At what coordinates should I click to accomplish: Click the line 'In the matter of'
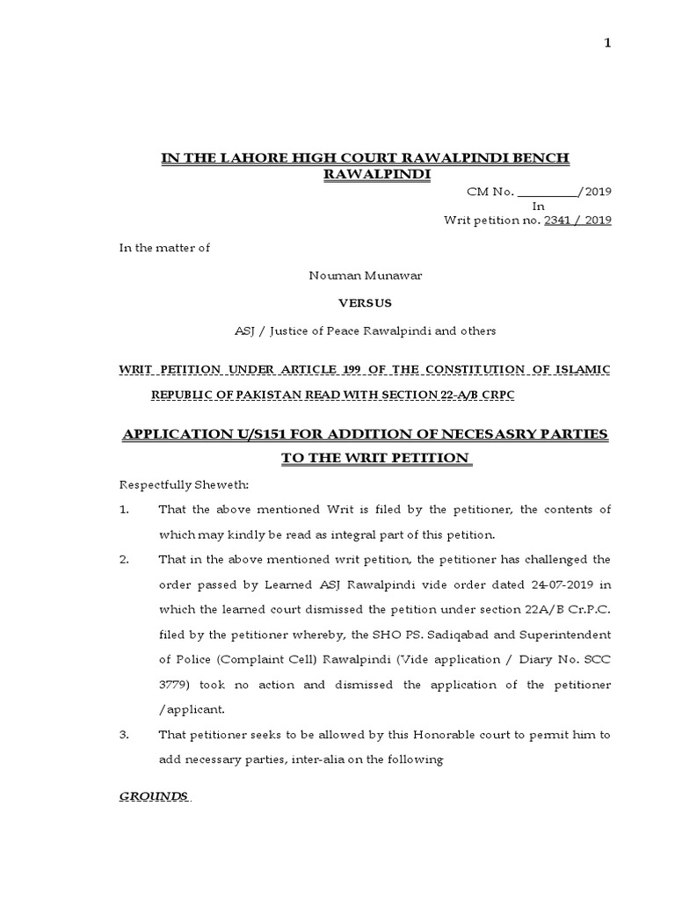[x=165, y=248]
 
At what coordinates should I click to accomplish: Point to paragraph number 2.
[x=125, y=559]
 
